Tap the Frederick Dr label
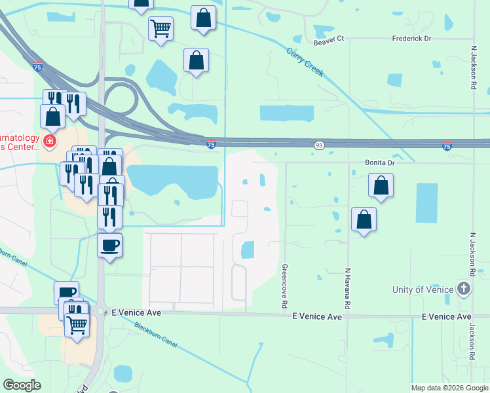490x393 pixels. click(x=412, y=39)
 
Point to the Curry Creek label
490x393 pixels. click(x=305, y=62)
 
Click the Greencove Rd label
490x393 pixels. click(x=285, y=286)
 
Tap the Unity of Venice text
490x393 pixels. click(x=423, y=290)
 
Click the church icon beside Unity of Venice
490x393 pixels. click(x=464, y=289)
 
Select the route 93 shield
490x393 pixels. click(x=319, y=145)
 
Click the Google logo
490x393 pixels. click(x=22, y=385)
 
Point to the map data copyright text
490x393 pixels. click(x=449, y=388)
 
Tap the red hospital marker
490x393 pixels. click(x=48, y=141)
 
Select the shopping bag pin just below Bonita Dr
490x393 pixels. click(x=381, y=185)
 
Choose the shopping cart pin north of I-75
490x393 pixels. click(x=160, y=29)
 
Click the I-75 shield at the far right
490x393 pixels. click(x=447, y=145)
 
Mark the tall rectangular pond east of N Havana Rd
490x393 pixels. click(x=426, y=203)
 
